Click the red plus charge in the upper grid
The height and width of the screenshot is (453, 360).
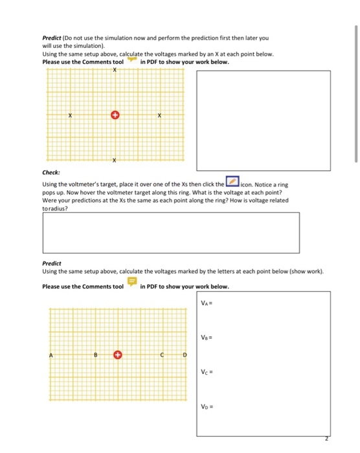[x=115, y=115]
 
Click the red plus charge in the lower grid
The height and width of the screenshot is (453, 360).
[x=117, y=355]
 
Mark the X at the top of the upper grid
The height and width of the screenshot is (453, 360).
[x=115, y=70]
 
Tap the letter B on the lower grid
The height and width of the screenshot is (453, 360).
[x=95, y=355]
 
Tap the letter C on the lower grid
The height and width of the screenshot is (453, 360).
[x=163, y=355]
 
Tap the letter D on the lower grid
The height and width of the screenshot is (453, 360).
[x=185, y=355]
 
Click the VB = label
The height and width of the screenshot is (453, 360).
[x=207, y=337]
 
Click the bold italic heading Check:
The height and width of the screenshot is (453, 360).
[x=51, y=173]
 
